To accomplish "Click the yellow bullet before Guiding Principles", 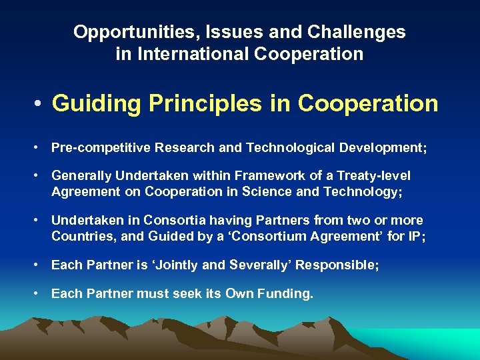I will coord(40,105).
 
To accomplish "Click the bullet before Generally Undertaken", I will coord(38,177).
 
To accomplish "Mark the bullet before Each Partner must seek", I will coord(38,294).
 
